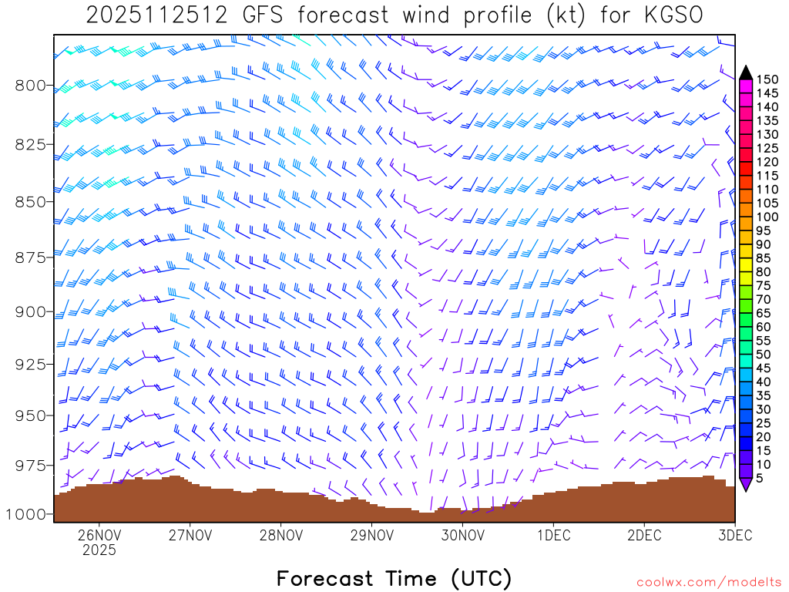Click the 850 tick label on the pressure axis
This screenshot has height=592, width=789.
point(30,202)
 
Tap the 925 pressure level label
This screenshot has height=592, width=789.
point(30,363)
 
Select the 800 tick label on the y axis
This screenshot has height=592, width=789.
point(30,85)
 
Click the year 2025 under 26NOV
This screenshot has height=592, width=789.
point(99,550)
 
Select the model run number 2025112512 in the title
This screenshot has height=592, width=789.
point(156,15)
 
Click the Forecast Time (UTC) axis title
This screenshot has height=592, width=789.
point(394,578)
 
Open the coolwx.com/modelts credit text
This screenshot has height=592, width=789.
point(708,582)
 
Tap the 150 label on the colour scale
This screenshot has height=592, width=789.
point(767,79)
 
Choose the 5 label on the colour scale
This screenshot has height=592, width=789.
point(761,478)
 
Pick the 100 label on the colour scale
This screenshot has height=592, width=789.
point(767,217)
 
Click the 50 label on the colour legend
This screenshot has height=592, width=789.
point(764,354)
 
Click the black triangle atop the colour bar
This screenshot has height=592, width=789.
point(746,72)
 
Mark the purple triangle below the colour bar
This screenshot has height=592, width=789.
point(746,484)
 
